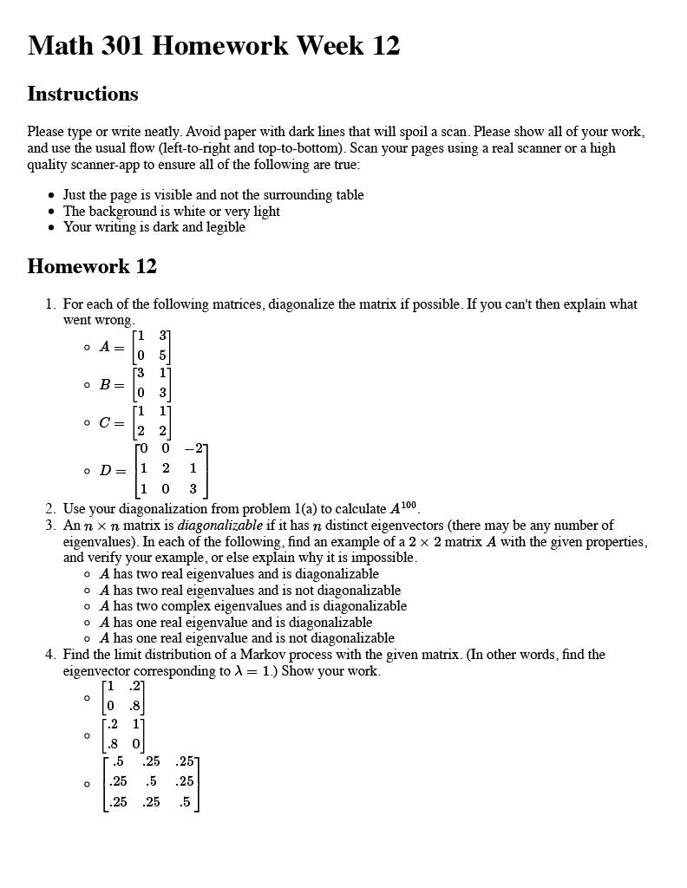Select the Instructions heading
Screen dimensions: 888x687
coord(82,94)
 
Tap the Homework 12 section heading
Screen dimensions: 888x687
coord(92,266)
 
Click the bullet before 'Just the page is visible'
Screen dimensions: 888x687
coord(53,196)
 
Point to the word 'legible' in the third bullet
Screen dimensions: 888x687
coord(224,227)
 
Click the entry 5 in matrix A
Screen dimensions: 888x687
coord(162,355)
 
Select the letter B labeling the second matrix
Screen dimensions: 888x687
coord(105,384)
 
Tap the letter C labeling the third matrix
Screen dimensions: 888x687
coord(105,422)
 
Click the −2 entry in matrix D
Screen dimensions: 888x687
coord(193,448)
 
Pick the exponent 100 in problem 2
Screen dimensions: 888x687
coord(409,506)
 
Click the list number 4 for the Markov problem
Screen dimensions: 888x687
coord(49,655)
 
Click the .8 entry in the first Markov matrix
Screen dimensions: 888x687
coord(134,705)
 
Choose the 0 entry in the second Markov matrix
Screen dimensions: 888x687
coord(135,743)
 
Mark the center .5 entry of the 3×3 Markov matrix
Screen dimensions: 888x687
coord(151,781)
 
